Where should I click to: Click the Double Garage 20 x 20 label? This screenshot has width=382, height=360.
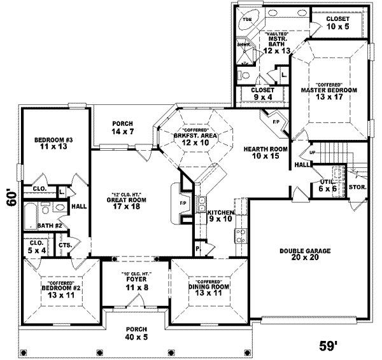pos(304,254)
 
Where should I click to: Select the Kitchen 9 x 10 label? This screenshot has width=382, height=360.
pos(220,215)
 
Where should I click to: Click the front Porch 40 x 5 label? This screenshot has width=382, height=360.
pos(136,331)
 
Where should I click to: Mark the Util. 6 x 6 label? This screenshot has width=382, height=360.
pos(328,185)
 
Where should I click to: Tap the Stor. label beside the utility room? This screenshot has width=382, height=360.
pos(357,188)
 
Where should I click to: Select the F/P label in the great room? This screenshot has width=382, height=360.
pos(183,204)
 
